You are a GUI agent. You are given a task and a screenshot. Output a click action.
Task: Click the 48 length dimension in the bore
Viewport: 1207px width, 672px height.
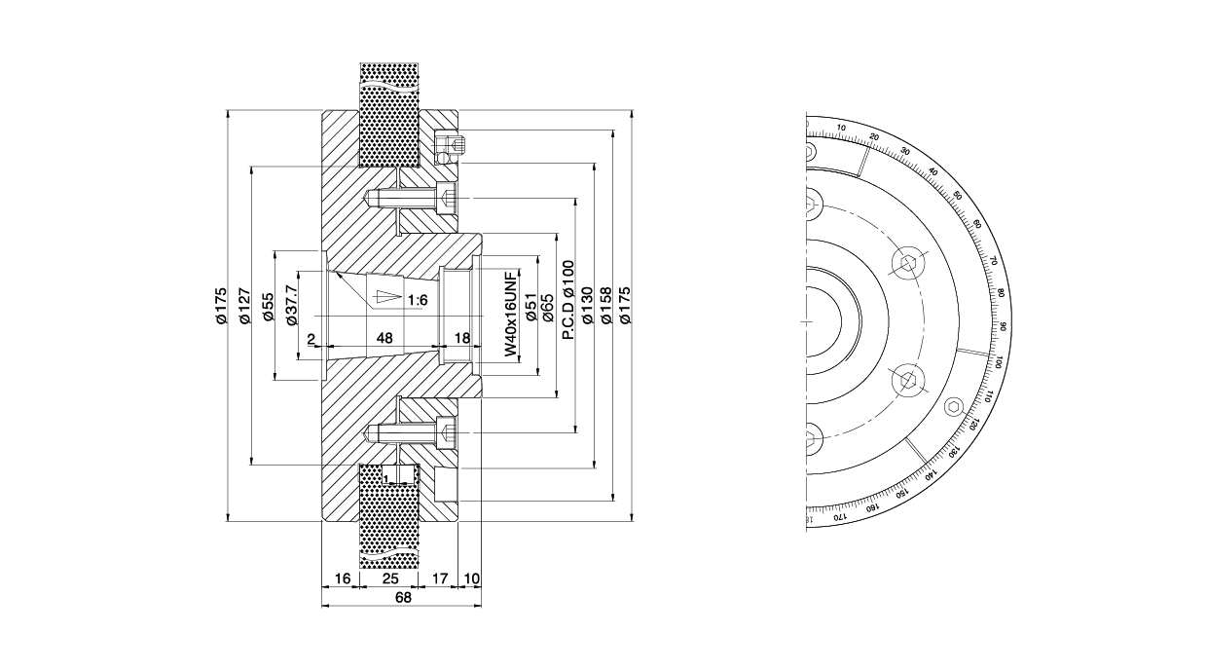[x=384, y=338]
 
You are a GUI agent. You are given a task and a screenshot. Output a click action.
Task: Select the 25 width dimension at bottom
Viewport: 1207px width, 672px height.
[x=389, y=579]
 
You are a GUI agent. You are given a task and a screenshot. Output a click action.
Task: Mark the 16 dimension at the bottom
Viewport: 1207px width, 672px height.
[x=342, y=579]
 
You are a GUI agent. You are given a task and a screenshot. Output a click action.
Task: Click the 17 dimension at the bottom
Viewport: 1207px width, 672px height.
[x=440, y=579]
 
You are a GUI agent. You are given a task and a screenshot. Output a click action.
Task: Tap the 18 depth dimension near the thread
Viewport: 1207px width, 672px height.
[x=462, y=338]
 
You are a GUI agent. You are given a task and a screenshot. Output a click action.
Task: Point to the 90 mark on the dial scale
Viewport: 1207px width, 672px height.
[x=1003, y=327]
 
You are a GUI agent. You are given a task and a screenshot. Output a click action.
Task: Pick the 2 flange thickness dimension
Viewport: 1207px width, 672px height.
[x=311, y=338]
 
